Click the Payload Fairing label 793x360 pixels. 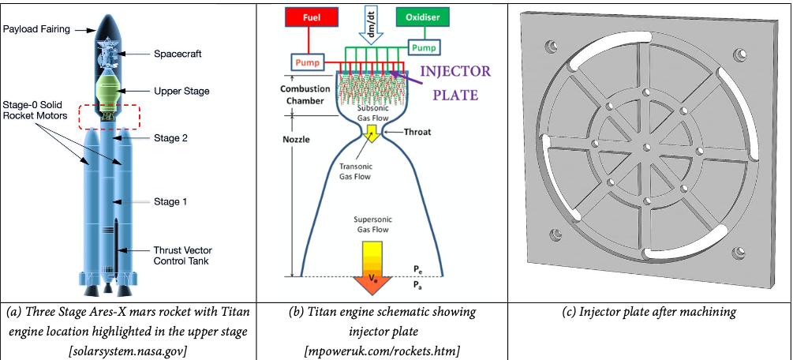(x=36, y=29)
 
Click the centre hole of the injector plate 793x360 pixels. (x=645, y=147)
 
